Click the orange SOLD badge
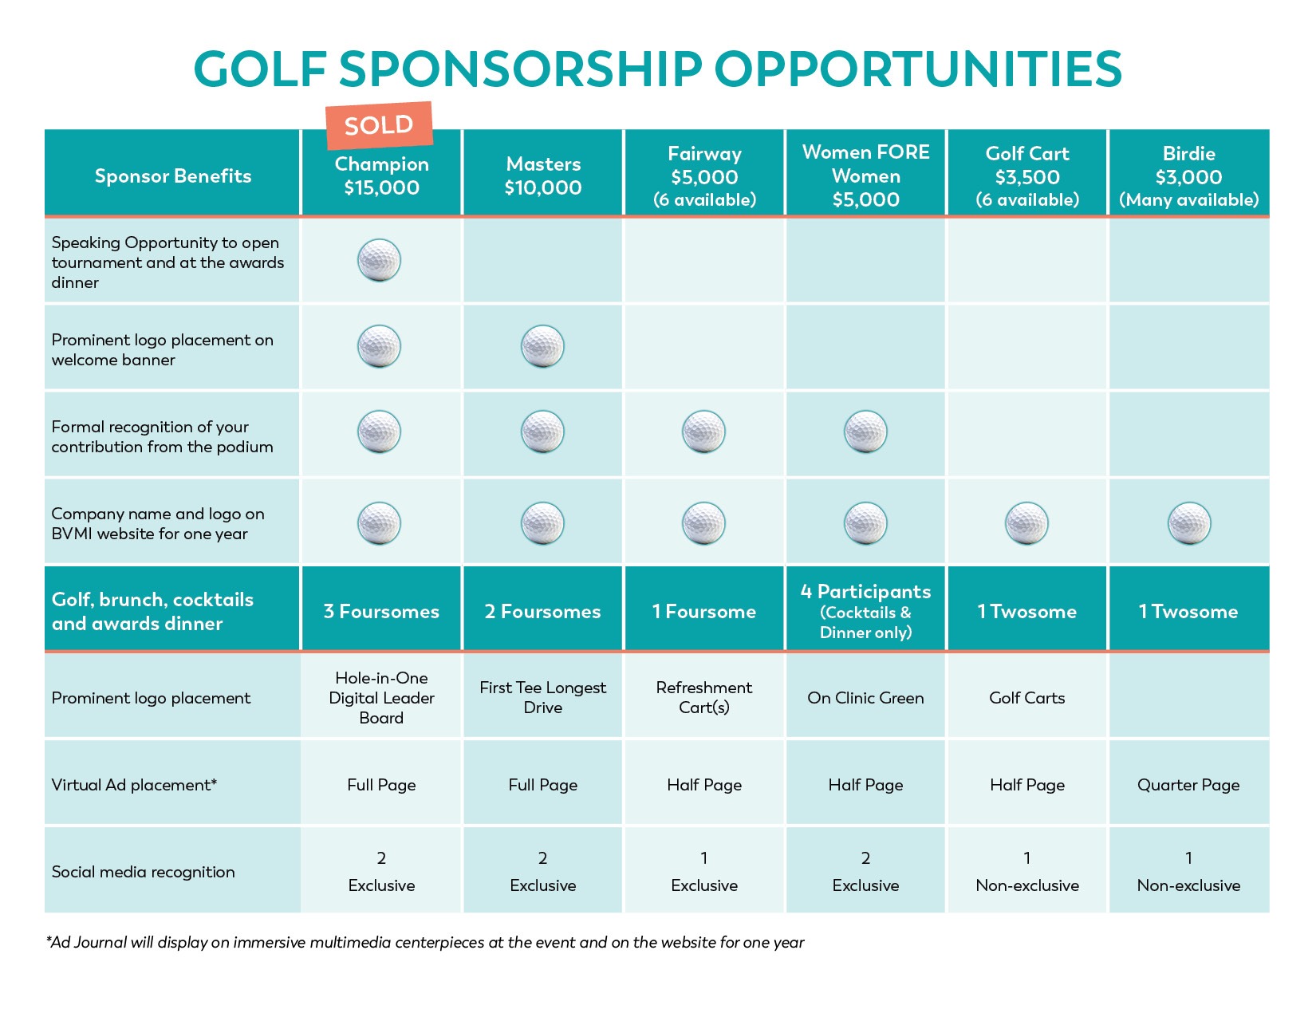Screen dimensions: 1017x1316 [x=379, y=125]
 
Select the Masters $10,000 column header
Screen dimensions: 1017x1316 [x=543, y=175]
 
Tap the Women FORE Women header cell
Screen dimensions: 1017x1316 [x=865, y=175]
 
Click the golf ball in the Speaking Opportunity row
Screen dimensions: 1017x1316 [x=379, y=260]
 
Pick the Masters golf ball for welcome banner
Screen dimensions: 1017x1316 [x=542, y=346]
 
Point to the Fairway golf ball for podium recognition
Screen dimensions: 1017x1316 [x=703, y=432]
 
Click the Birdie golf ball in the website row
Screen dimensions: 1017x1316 [x=1188, y=523]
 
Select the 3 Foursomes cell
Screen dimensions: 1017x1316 [x=381, y=611]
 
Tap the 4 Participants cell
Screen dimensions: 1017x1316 [x=865, y=611]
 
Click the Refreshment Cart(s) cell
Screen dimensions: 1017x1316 [x=703, y=697]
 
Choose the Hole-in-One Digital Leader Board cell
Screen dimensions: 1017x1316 [x=381, y=697]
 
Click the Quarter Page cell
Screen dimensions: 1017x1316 [x=1188, y=785]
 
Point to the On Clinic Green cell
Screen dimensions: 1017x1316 [x=865, y=698]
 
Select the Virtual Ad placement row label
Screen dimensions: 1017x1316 [x=134, y=785]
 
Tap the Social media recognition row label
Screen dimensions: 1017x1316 [x=144, y=872]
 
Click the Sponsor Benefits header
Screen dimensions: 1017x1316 [x=173, y=175]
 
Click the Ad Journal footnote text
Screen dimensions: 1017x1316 [x=425, y=942]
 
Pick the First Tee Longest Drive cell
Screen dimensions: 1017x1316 [x=543, y=697]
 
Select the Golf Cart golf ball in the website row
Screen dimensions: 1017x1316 [x=1026, y=523]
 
